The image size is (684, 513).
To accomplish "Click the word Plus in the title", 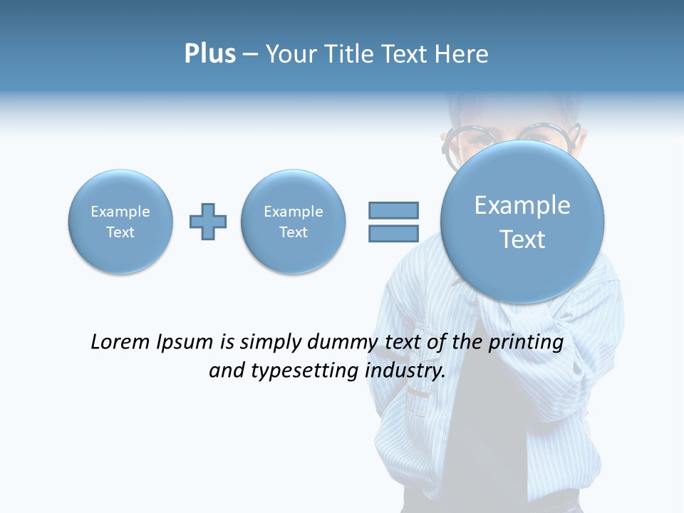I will point(209,54).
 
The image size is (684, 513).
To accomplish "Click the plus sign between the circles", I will point(208,222).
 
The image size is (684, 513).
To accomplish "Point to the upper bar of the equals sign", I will point(393,210).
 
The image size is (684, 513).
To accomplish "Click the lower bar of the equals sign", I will point(393,234).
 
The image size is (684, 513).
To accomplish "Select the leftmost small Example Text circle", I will point(120,222).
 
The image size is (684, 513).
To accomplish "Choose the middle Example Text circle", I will point(294,222).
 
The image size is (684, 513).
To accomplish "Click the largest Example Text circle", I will point(522,222).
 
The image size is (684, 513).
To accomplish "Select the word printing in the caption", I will point(527,343).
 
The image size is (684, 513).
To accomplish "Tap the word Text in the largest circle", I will point(522,239).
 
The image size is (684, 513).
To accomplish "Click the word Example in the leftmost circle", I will point(120,212).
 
